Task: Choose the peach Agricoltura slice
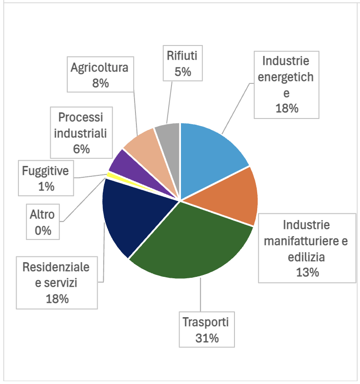click(142, 145)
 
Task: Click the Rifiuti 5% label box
click(182, 64)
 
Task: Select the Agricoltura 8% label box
click(99, 75)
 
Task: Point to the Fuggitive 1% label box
click(46, 178)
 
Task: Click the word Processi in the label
click(80, 117)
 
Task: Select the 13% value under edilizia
click(306, 272)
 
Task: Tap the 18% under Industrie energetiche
click(286, 108)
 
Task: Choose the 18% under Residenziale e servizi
click(57, 299)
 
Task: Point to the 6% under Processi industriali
click(81, 149)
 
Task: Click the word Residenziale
click(56, 267)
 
